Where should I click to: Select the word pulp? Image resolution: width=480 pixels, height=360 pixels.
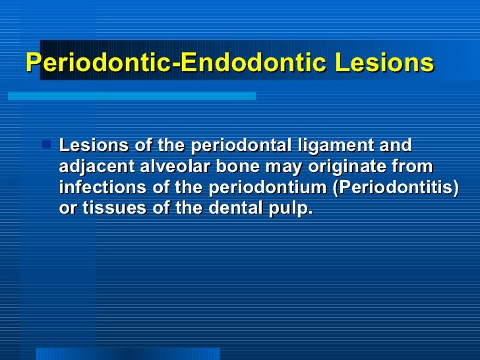[288, 208]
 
